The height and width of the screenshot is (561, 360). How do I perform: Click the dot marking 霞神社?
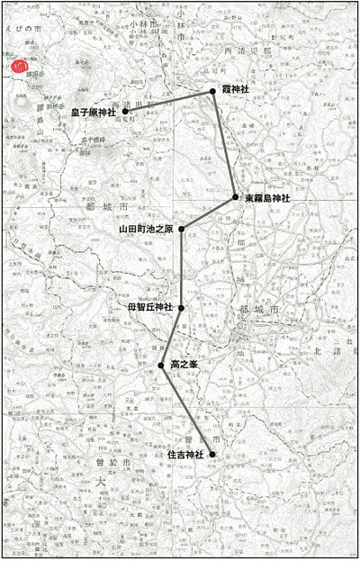tap(213, 92)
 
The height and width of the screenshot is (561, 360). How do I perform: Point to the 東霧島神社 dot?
tap(235, 197)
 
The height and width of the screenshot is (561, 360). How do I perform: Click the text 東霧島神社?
tap(267, 197)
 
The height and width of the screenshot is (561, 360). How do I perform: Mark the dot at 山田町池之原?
tap(182, 229)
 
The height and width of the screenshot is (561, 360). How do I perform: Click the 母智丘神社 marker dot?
tap(182, 308)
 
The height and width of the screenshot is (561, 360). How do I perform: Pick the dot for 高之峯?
tap(163, 366)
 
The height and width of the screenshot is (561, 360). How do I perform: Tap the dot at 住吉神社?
tap(212, 456)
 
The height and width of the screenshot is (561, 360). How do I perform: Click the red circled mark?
tap(18, 66)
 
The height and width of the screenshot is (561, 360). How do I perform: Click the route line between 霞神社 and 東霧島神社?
tap(224, 144)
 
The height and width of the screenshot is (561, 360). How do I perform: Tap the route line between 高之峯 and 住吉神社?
tap(188, 411)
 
